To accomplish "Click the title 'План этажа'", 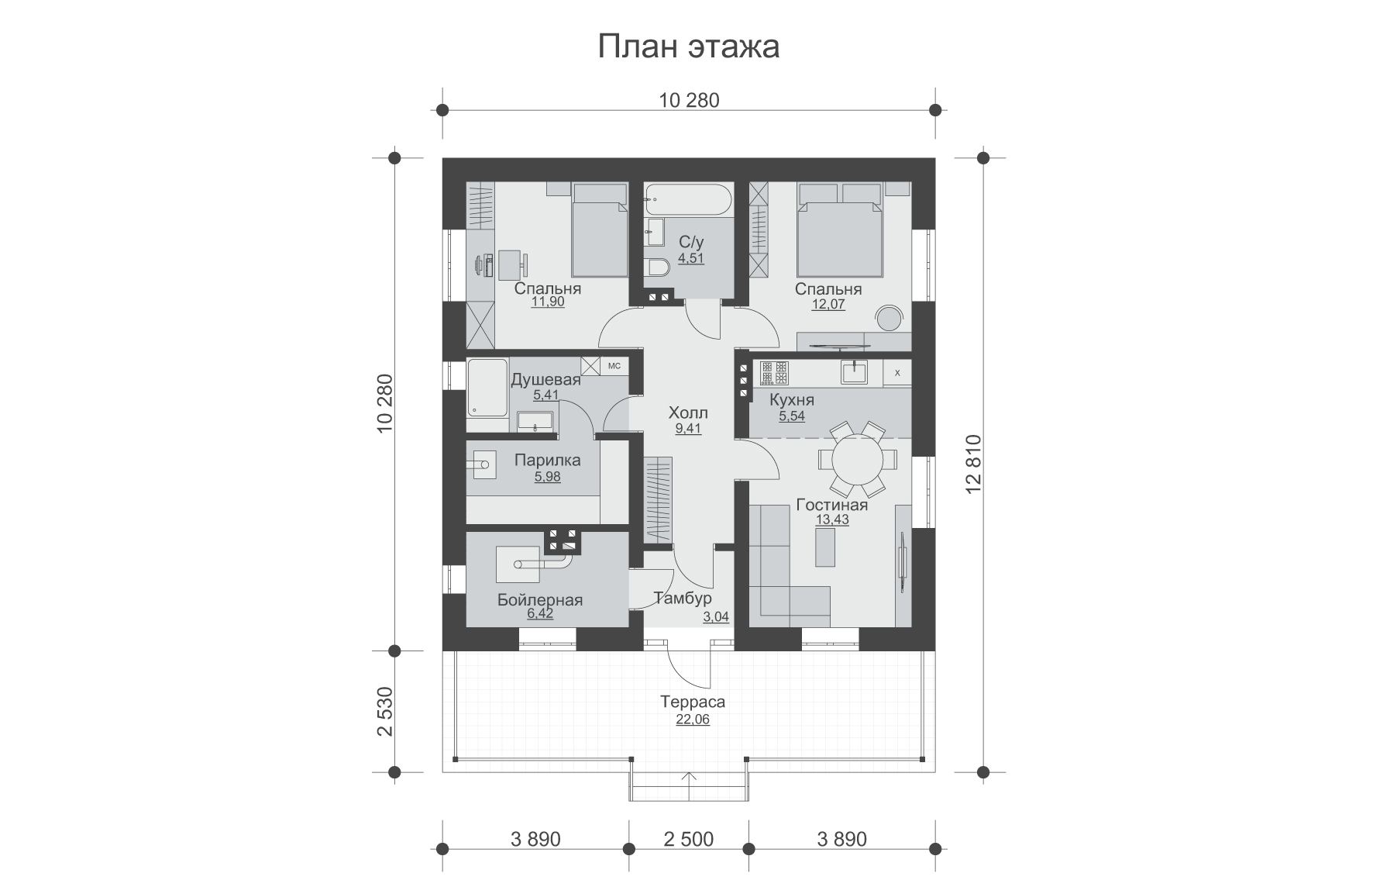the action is point(688,47).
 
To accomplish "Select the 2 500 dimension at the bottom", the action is point(689,839).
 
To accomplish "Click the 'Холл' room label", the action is point(688,412).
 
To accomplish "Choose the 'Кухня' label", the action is point(791,400).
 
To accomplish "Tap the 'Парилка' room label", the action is point(547,461).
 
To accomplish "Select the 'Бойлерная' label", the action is point(539,600).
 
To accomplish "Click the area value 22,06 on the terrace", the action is point(692,720).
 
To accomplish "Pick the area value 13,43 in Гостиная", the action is point(831,520).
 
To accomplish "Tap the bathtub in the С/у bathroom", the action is point(687,200).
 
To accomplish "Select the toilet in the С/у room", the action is point(656,267).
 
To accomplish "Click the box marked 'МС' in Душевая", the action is point(614,366).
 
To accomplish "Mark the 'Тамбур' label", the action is point(683,599).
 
